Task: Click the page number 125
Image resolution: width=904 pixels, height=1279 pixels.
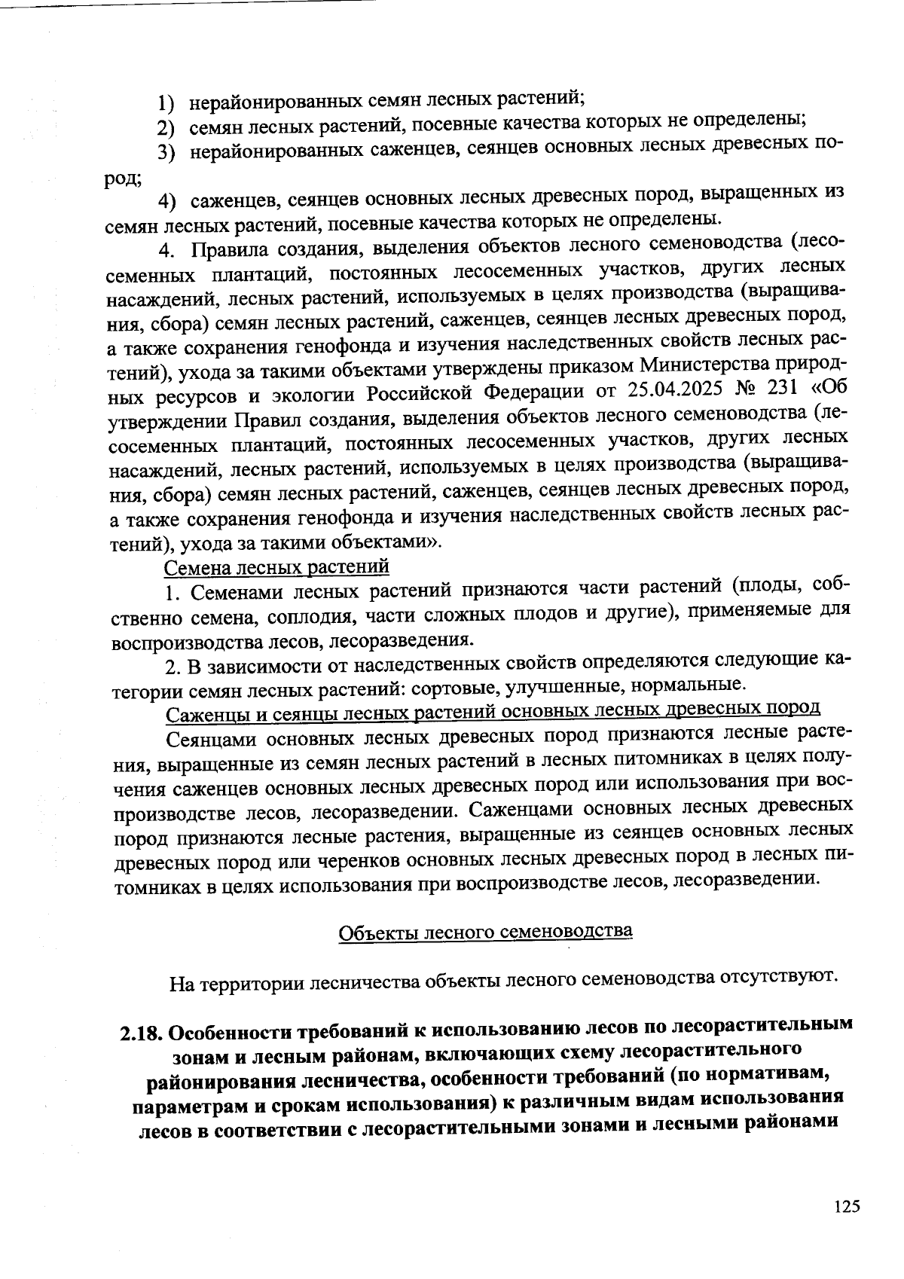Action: (847, 1207)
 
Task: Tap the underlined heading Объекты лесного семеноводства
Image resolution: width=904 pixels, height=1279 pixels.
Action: (485, 932)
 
